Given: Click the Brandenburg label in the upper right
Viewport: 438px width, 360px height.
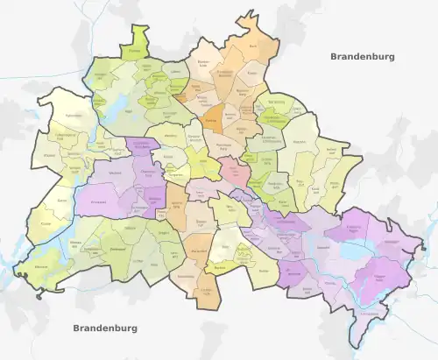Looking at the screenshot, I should (x=362, y=56).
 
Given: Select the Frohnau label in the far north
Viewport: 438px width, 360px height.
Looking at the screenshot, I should (x=134, y=52).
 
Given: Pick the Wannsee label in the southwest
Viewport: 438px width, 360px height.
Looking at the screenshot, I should (x=39, y=265).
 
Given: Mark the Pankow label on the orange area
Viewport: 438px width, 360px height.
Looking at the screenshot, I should (x=210, y=123).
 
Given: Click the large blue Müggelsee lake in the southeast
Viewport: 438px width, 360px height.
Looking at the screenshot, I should (x=354, y=250).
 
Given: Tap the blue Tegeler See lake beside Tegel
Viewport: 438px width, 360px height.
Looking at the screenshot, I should (x=111, y=107).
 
